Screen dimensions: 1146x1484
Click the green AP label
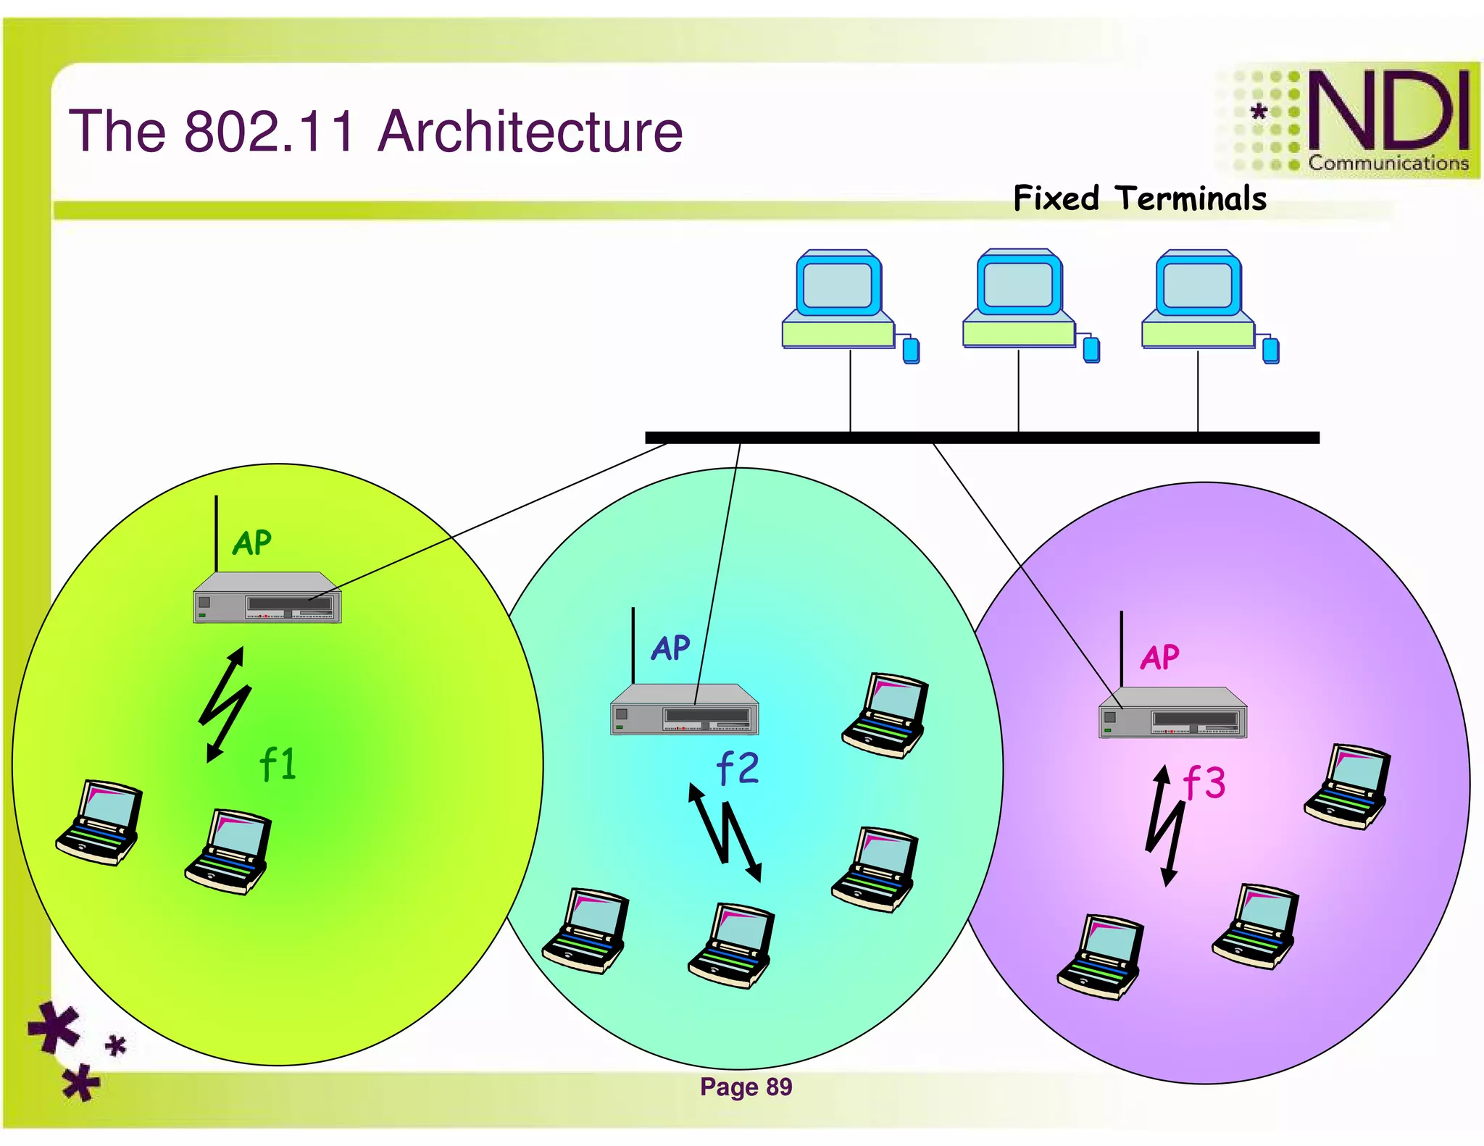tap(251, 543)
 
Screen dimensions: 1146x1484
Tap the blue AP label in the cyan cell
tap(670, 648)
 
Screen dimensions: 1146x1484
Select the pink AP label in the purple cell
tap(1159, 658)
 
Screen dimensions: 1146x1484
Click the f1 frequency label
tap(278, 764)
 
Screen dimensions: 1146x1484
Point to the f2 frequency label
tap(737, 769)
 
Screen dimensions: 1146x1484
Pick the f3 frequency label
tap(1204, 783)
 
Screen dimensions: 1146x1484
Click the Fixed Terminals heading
tap(1139, 198)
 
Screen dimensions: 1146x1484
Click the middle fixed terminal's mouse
tap(1091, 350)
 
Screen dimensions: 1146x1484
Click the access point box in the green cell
tap(267, 598)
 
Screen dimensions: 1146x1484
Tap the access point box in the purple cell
tap(1172, 713)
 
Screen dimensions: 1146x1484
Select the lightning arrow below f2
tap(725, 833)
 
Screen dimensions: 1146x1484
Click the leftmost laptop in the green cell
tap(99, 823)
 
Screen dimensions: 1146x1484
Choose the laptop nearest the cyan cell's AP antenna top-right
tap(885, 716)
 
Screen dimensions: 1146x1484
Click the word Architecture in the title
tap(530, 131)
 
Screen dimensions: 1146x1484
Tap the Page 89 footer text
tap(746, 1087)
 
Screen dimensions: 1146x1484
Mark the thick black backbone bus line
tap(982, 438)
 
